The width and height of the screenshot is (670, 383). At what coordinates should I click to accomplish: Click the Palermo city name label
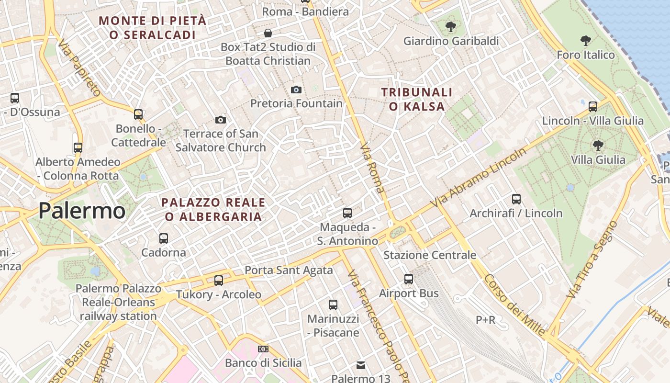(82, 211)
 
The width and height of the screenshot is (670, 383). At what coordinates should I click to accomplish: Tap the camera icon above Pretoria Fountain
(296, 90)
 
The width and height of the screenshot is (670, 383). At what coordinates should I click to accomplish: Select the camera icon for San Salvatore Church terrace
(221, 120)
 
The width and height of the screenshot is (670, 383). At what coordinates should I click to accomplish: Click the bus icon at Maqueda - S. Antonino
(347, 213)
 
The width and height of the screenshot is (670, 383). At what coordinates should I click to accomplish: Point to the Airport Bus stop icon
(408, 279)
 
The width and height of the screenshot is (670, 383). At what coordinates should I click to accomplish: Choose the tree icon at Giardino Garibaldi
(450, 27)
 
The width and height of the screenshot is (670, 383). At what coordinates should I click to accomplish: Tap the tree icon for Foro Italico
(585, 41)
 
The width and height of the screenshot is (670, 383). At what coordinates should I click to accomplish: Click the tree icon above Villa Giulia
(598, 145)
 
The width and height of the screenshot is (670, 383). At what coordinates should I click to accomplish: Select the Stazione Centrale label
(430, 255)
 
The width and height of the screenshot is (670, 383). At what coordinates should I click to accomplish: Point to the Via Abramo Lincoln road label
(479, 177)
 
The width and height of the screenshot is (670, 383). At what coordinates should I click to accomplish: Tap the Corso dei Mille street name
(514, 304)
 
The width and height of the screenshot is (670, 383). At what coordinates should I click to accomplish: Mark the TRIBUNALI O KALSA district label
(416, 99)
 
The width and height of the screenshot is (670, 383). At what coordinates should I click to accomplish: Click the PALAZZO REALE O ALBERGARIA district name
(213, 210)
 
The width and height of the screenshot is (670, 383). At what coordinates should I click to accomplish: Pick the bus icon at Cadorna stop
(164, 238)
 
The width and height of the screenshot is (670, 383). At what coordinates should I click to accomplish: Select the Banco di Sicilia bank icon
(263, 349)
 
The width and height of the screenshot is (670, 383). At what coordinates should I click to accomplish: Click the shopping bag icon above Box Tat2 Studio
(268, 33)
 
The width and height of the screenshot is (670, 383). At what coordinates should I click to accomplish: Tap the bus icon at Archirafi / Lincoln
(516, 199)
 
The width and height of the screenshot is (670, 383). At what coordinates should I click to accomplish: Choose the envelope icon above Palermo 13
(361, 366)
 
